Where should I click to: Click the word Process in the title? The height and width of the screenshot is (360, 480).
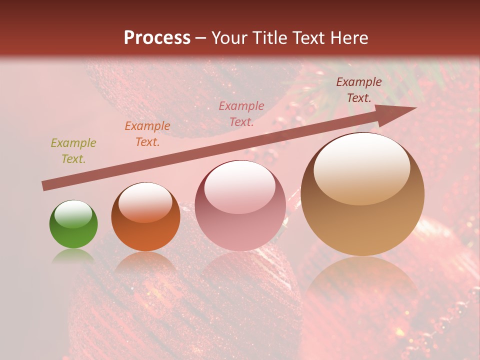[157, 38]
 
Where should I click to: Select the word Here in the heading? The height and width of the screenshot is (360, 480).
[349, 38]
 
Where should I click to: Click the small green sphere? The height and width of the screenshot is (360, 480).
[73, 224]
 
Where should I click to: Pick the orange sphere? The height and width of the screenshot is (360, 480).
[145, 217]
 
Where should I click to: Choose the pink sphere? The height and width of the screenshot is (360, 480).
[240, 206]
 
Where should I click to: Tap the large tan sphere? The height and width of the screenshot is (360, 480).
[362, 195]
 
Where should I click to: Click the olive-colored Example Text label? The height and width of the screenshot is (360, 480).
[73, 151]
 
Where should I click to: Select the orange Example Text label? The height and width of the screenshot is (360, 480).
[147, 134]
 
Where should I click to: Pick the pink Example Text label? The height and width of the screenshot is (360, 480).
[241, 113]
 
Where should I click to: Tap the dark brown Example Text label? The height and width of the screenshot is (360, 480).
[358, 89]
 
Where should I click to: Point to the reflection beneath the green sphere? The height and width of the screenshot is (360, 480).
[73, 256]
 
